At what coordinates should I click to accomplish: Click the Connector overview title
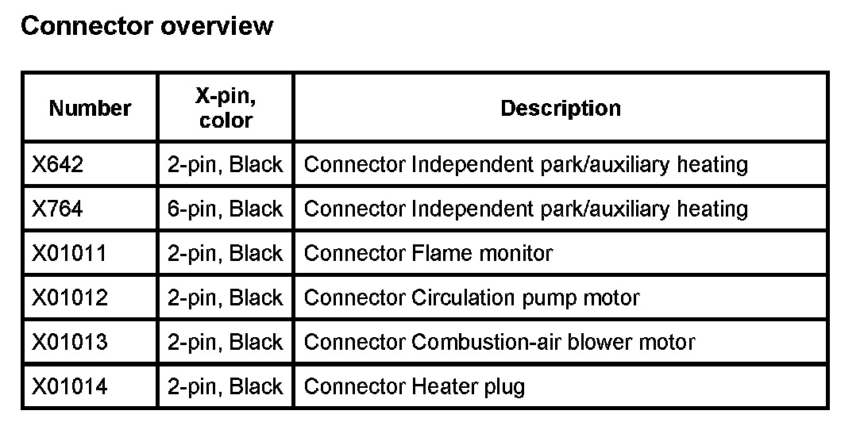[146, 26]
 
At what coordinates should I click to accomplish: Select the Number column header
[90, 108]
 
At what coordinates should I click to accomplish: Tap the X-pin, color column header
[226, 108]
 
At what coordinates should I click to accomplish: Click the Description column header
[561, 108]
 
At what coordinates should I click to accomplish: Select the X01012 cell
[69, 298]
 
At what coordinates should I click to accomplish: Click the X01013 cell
[69, 343]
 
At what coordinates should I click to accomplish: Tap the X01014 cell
[69, 387]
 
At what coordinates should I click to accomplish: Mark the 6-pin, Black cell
[226, 209]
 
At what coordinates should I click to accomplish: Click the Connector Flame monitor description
[428, 254]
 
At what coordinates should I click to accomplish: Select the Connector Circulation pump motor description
[472, 298]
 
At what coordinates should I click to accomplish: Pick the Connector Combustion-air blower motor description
[499, 343]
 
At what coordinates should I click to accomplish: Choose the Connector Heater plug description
[415, 387]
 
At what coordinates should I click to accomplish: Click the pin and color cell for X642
[226, 165]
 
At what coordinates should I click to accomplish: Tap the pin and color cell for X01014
[226, 387]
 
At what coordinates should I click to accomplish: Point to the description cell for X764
[526, 209]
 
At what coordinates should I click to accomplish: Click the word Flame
[442, 254]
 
